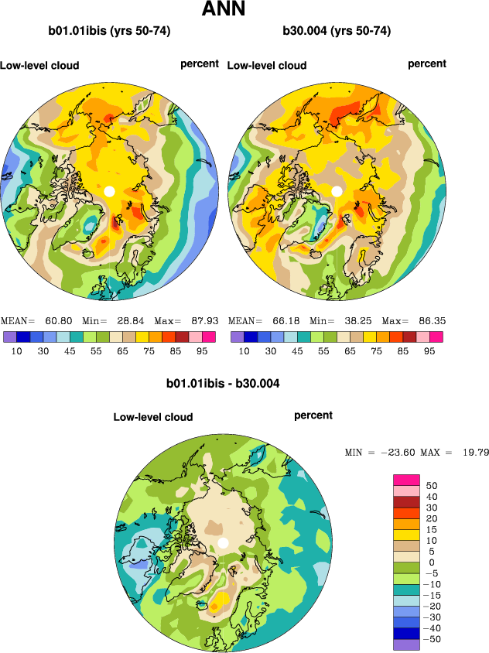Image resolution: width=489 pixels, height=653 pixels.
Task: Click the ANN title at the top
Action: pos(224,10)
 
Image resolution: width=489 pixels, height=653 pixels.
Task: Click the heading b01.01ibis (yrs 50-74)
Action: pos(109,31)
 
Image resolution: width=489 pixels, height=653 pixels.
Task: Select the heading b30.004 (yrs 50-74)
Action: pos(337,31)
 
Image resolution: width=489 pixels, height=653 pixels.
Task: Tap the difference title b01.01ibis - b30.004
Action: pos(223,383)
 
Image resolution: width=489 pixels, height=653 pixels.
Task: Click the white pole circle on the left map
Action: pos(109,190)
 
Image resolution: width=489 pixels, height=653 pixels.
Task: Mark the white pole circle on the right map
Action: pos(337,190)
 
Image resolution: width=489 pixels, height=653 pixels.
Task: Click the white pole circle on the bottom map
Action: pos(223,543)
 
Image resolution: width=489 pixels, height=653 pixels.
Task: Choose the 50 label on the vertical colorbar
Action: pos(432,485)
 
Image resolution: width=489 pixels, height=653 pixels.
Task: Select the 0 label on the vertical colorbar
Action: pos(432,562)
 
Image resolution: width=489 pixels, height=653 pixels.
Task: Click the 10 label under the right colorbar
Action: pos(244,350)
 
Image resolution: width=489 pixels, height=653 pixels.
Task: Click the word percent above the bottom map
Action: pos(313,415)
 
